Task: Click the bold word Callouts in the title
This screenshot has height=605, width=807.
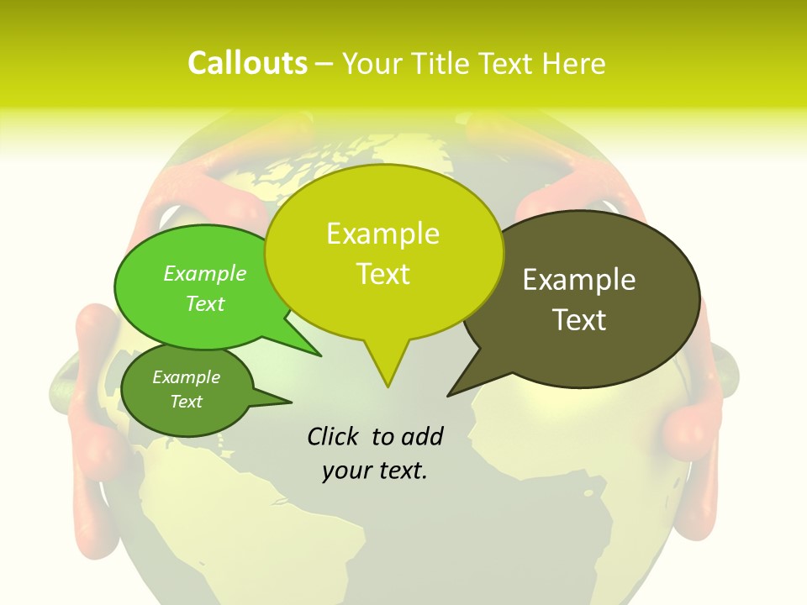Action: click(x=247, y=63)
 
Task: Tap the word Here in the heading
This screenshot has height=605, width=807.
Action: click(x=574, y=63)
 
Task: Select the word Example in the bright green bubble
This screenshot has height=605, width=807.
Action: click(x=205, y=273)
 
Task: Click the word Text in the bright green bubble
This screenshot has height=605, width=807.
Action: click(x=205, y=303)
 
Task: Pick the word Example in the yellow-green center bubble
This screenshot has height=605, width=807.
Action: click(x=382, y=234)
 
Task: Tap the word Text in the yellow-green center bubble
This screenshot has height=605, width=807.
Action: click(x=382, y=274)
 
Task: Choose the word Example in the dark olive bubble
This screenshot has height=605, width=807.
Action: click(x=579, y=280)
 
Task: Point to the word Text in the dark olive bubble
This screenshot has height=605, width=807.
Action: click(x=579, y=319)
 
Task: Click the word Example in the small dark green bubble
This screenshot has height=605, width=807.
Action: click(x=186, y=377)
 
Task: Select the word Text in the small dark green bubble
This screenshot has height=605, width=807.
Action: click(x=186, y=402)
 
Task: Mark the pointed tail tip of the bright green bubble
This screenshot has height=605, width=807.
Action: click(x=320, y=355)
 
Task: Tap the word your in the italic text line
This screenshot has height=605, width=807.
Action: click(x=345, y=471)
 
